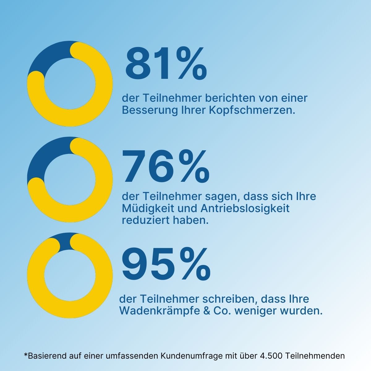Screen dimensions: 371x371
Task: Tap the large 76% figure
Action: (x=166, y=166)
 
